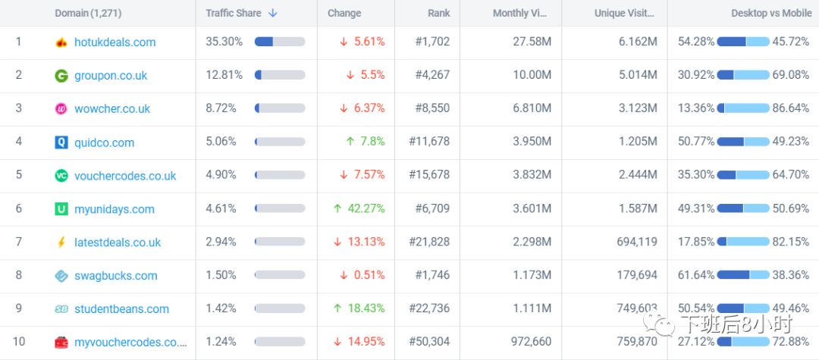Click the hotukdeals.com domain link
[x=115, y=42]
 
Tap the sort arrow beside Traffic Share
[x=273, y=13]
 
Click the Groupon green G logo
[x=61, y=76]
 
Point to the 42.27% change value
[x=366, y=208]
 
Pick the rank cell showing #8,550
[x=432, y=108]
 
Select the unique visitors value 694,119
[x=635, y=242]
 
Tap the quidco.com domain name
[x=104, y=142]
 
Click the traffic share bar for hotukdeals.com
[x=280, y=42]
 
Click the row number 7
[x=19, y=242]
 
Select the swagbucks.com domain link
[x=115, y=276]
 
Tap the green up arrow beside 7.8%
[x=350, y=142]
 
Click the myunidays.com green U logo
[x=61, y=209]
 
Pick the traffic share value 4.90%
[x=221, y=174]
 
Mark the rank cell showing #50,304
[x=429, y=342]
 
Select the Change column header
[x=344, y=13]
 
